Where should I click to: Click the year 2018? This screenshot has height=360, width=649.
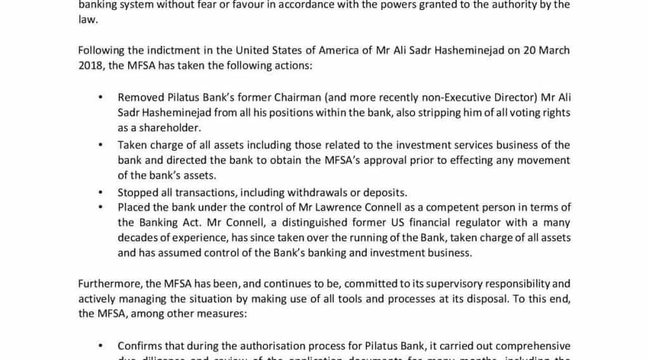89,66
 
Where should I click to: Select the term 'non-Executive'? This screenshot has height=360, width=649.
458,97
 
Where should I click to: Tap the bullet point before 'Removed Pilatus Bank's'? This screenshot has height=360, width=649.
100,98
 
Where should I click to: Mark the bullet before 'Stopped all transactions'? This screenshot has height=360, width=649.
100,193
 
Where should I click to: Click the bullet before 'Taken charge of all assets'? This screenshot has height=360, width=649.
100,145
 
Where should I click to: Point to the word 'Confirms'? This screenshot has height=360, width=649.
139,346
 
